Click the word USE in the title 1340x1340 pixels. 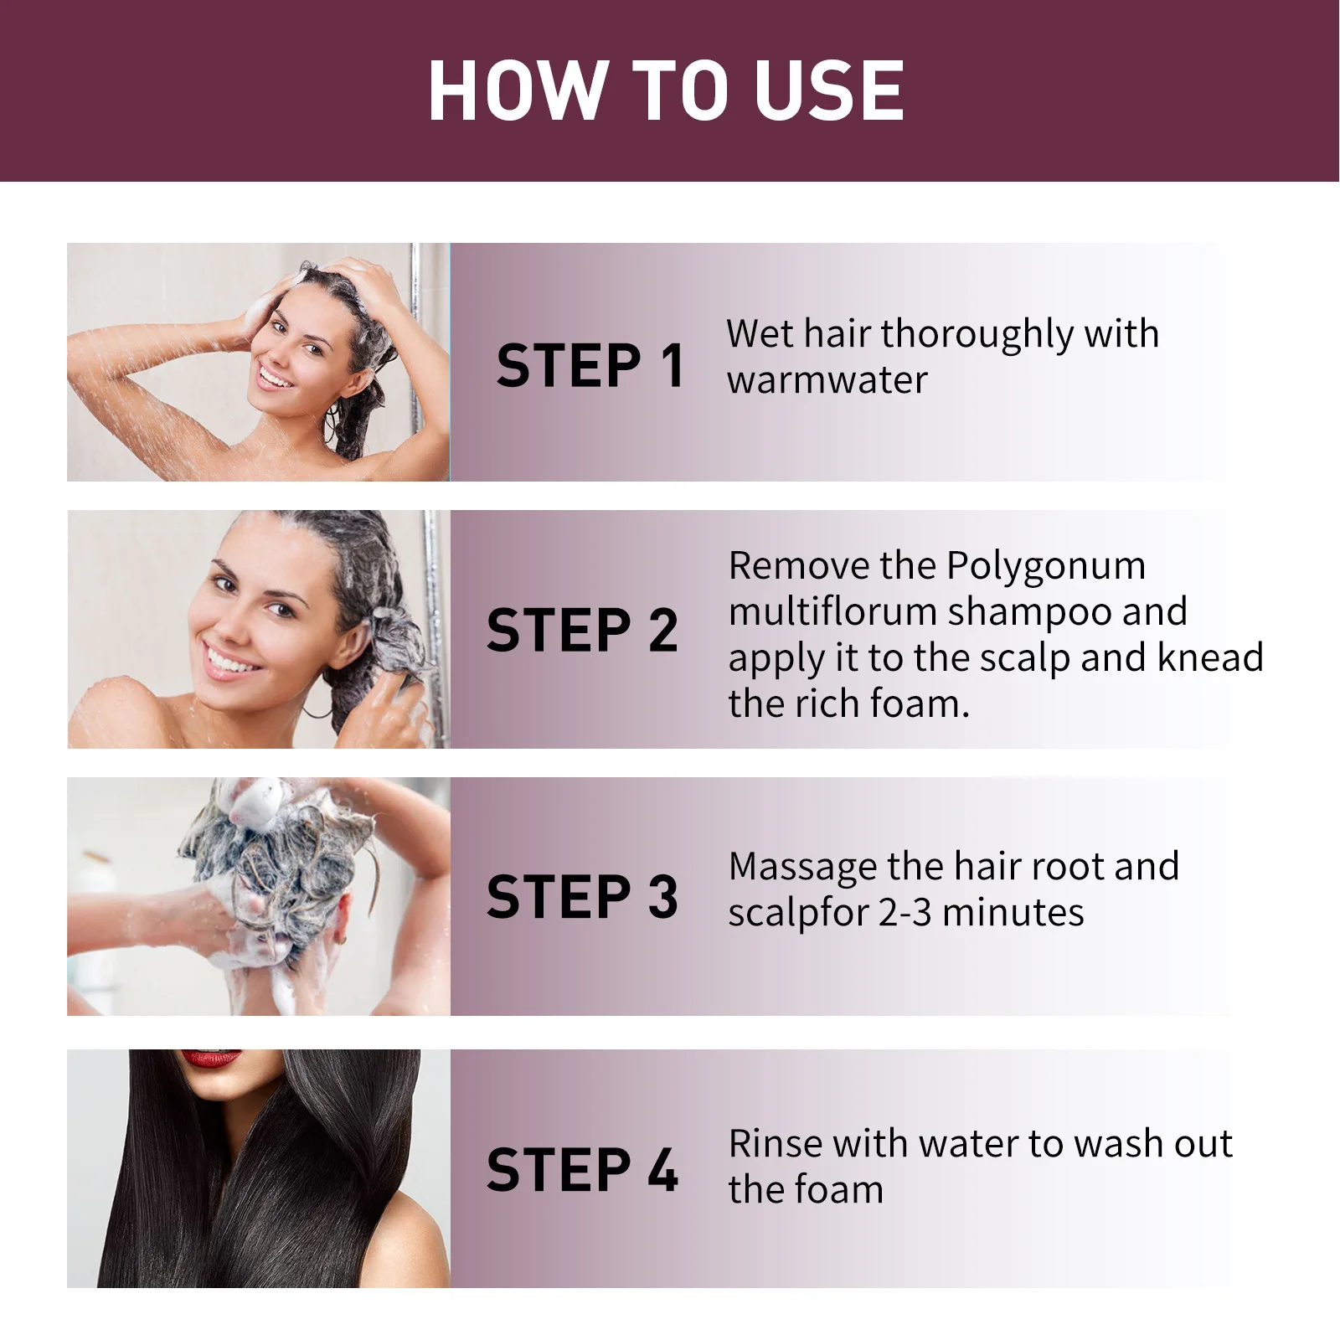pos(828,90)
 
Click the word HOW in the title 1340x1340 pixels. pos(517,90)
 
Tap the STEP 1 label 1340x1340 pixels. pos(590,366)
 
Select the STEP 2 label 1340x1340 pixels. pos(582,631)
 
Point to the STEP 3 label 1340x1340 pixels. pos(582,897)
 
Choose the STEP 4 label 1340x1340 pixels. pos(582,1170)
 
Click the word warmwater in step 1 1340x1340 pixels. pos(827,380)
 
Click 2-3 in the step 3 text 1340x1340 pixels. pos(904,913)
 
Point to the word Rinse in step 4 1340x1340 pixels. pos(776,1144)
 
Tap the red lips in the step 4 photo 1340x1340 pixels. pos(211,1059)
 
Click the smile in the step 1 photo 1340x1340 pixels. pos(275,376)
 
